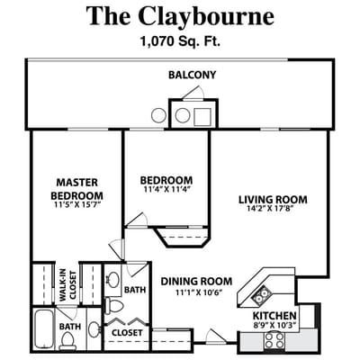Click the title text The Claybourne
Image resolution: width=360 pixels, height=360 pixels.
tap(181, 15)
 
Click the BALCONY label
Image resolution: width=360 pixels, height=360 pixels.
tap(193, 75)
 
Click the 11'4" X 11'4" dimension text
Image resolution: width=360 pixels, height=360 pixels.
tap(166, 190)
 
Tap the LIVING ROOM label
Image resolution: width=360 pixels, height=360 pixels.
tap(274, 200)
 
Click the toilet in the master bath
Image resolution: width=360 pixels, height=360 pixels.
tap(67, 341)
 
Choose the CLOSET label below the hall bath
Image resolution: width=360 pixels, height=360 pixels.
tap(127, 333)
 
